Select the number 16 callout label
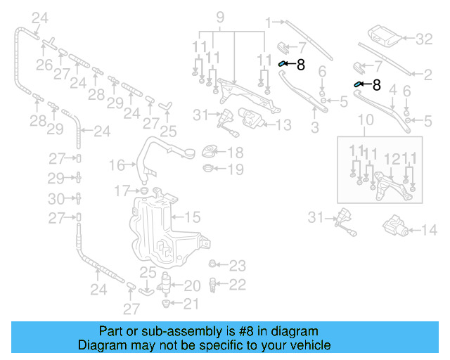pos(117,165)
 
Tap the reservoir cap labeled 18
pos(211,152)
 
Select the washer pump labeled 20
pos(167,285)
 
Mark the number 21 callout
pos(191,303)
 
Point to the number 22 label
pos(238,284)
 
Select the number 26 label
pos(44,65)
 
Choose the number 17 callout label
pos(123,190)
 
